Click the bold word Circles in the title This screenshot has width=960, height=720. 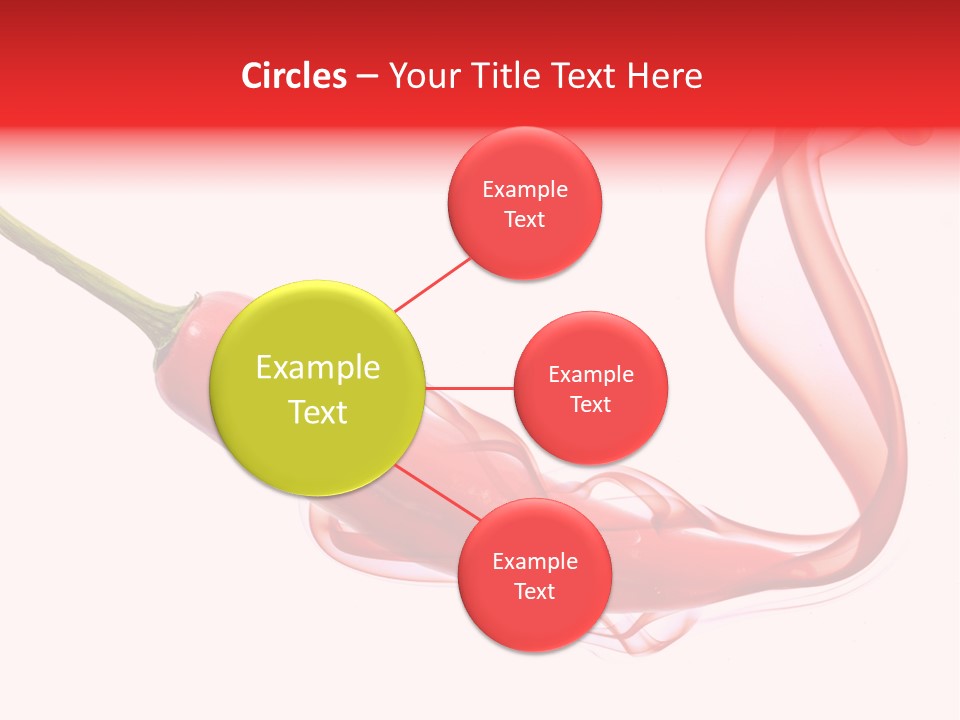(x=293, y=76)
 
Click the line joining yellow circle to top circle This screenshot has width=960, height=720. (x=433, y=282)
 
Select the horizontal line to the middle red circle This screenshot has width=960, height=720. (x=470, y=388)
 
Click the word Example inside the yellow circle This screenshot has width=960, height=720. (x=318, y=368)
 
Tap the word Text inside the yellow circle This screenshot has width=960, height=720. (x=318, y=412)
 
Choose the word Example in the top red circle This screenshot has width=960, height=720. (x=525, y=190)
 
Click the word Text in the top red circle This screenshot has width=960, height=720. (x=525, y=220)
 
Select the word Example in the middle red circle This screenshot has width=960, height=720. (x=591, y=375)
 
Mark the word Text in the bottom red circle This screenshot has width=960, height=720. (x=534, y=592)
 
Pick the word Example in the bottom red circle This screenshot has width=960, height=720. (x=535, y=562)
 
